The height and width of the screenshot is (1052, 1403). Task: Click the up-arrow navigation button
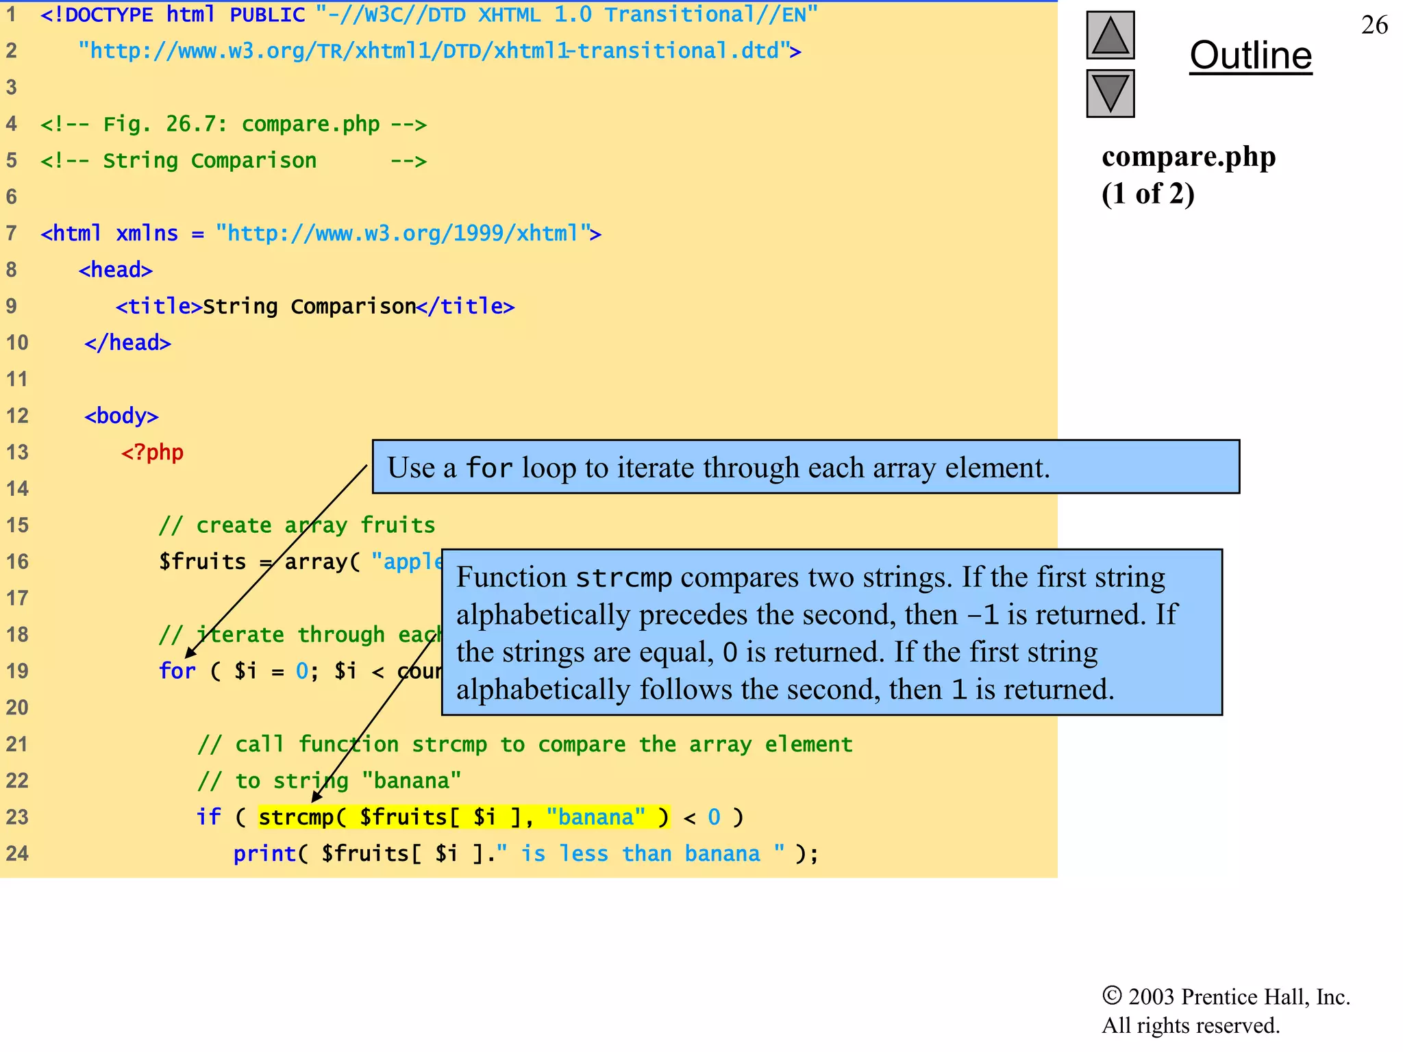tap(1110, 36)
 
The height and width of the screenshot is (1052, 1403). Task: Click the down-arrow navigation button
tap(1110, 94)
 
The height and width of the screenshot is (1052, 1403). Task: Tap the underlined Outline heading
tap(1250, 55)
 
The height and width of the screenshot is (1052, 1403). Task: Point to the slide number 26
tap(1374, 25)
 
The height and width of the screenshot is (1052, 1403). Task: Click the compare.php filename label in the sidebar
tap(1188, 157)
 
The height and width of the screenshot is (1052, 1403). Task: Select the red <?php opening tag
tap(152, 453)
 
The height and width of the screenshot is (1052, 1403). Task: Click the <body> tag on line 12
tap(121, 416)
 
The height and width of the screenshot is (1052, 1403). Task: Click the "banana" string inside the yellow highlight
tap(595, 817)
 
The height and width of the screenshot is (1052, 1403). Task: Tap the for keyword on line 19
tap(177, 671)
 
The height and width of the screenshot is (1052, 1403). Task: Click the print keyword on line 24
tap(264, 854)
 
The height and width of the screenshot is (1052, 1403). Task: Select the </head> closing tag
tap(127, 342)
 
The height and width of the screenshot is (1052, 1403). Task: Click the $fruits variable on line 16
tap(202, 562)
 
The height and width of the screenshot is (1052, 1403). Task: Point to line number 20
tap(17, 707)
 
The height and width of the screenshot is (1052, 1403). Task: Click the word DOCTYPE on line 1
tap(108, 14)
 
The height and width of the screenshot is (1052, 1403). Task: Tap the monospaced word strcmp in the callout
tap(623, 577)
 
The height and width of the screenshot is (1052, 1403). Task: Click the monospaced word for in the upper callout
tap(489, 468)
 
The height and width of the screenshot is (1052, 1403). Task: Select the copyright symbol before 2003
tap(1111, 995)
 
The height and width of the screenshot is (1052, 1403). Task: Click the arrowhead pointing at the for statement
tap(190, 653)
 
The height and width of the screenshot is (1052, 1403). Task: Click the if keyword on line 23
tap(208, 817)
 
